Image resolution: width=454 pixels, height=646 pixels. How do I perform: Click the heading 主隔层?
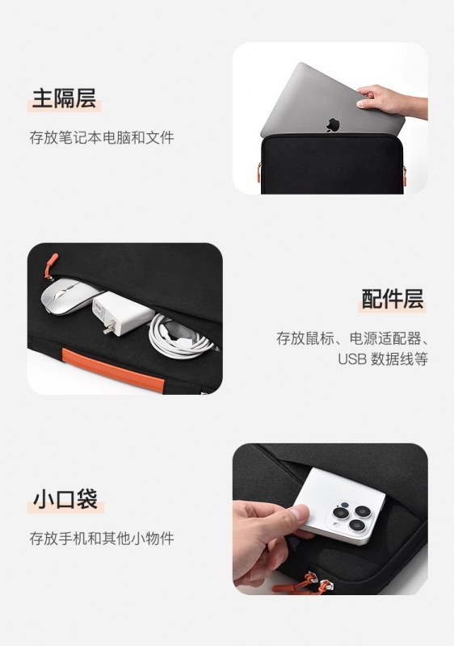pyautogui.click(x=64, y=98)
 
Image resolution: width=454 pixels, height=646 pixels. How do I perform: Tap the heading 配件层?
pyautogui.click(x=393, y=299)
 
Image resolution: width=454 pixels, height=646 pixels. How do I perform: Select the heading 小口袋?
pyautogui.click(x=65, y=499)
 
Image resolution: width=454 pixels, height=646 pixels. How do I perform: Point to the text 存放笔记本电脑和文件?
pyautogui.click(x=102, y=137)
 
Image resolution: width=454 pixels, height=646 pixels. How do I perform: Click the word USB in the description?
pyautogui.click(x=352, y=359)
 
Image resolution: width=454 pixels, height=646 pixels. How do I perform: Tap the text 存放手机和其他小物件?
pyautogui.click(x=102, y=538)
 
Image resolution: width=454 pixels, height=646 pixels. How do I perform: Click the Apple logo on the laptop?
pyautogui.click(x=333, y=125)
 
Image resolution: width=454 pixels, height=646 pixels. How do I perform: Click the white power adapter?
pyautogui.click(x=123, y=313)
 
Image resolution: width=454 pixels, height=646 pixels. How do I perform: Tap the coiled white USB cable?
pyautogui.click(x=179, y=336)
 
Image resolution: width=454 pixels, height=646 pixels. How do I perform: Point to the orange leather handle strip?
pyautogui.click(x=113, y=370)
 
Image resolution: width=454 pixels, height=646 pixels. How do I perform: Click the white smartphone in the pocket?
pyautogui.click(x=342, y=505)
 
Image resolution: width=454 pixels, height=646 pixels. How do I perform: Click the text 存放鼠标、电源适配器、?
pyautogui.click(x=353, y=338)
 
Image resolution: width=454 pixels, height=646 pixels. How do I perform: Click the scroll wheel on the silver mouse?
pyautogui.click(x=61, y=294)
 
